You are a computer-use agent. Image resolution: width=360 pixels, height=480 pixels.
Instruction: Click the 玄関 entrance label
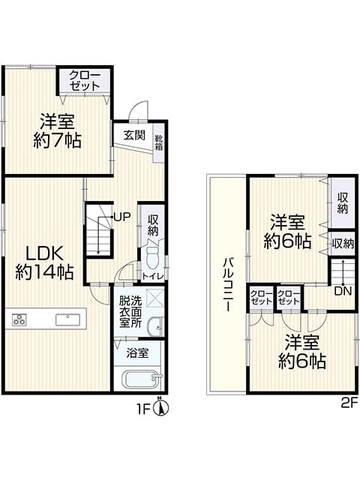pyautogui.click(x=134, y=135)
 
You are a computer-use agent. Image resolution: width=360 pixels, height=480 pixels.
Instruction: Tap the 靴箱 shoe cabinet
pyautogui.click(x=158, y=143)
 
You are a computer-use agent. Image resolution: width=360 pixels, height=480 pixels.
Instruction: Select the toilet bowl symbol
pyautogui.click(x=152, y=257)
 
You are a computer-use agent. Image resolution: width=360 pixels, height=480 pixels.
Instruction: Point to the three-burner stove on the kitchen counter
pyautogui.click(x=19, y=319)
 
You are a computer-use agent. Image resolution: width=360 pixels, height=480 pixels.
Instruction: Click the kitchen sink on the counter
pyautogui.click(x=67, y=319)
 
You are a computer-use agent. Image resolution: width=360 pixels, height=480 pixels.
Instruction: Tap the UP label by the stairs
pyautogui.click(x=122, y=217)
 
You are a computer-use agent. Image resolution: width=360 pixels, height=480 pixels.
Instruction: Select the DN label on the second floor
pyautogui.click(x=343, y=291)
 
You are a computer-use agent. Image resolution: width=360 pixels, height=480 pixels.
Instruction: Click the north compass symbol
pyautogui.click(x=161, y=408)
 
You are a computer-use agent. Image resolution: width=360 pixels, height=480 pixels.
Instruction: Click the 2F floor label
pyautogui.click(x=349, y=401)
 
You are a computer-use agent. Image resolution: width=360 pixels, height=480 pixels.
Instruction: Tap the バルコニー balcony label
pyautogui.click(x=228, y=284)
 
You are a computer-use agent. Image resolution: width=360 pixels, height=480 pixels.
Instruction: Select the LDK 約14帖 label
pyautogui.click(x=45, y=262)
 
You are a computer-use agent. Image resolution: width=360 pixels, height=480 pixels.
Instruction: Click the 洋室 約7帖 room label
pyautogui.click(x=57, y=130)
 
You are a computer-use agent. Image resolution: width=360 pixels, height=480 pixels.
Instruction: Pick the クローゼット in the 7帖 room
pyautogui.click(x=85, y=80)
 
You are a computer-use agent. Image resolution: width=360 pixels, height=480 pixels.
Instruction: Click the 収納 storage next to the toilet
pyautogui.click(x=152, y=226)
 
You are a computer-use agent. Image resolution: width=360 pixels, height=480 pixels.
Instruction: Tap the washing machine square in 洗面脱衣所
pyautogui.click(x=153, y=298)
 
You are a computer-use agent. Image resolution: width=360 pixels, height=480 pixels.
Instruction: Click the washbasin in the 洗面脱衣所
pyautogui.click(x=155, y=327)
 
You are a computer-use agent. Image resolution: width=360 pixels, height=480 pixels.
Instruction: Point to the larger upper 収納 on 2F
pyautogui.click(x=343, y=203)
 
